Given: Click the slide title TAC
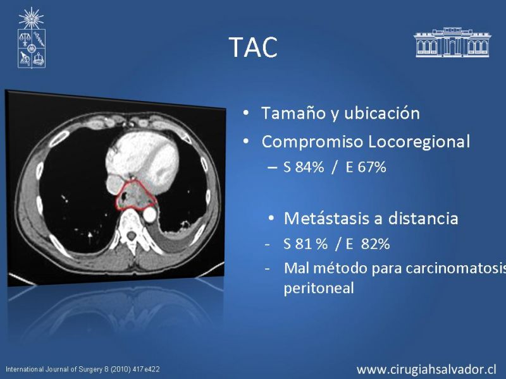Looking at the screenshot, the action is pyautogui.click(x=253, y=47).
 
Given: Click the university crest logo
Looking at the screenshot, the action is pyautogui.click(x=31, y=38).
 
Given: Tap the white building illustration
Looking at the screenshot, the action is pyautogui.click(x=452, y=42).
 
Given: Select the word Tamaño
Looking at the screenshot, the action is pyautogui.click(x=292, y=113).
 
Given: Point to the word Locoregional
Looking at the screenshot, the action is pyautogui.click(x=419, y=141).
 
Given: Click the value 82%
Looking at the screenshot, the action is pyautogui.click(x=375, y=244).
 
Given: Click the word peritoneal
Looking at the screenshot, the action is pyautogui.click(x=319, y=288).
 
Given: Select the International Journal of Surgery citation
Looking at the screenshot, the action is pyautogui.click(x=83, y=370).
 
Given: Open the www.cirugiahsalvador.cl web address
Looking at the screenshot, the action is pyautogui.click(x=426, y=369).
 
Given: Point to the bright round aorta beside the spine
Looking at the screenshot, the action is pyautogui.click(x=149, y=214).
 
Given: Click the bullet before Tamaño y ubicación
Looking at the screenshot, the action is pyautogui.click(x=246, y=114).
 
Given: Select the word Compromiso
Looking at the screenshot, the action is pyautogui.click(x=312, y=141).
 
